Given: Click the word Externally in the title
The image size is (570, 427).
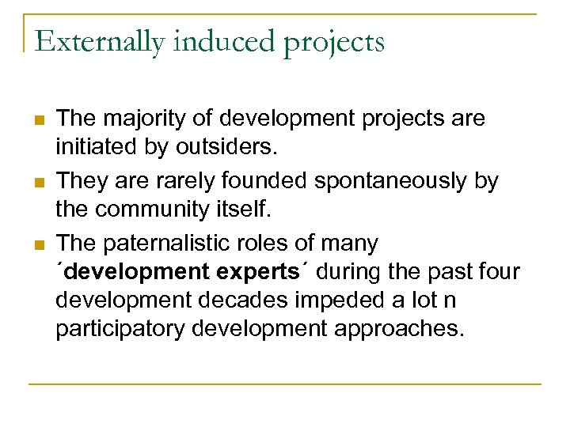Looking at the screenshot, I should (100, 41).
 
